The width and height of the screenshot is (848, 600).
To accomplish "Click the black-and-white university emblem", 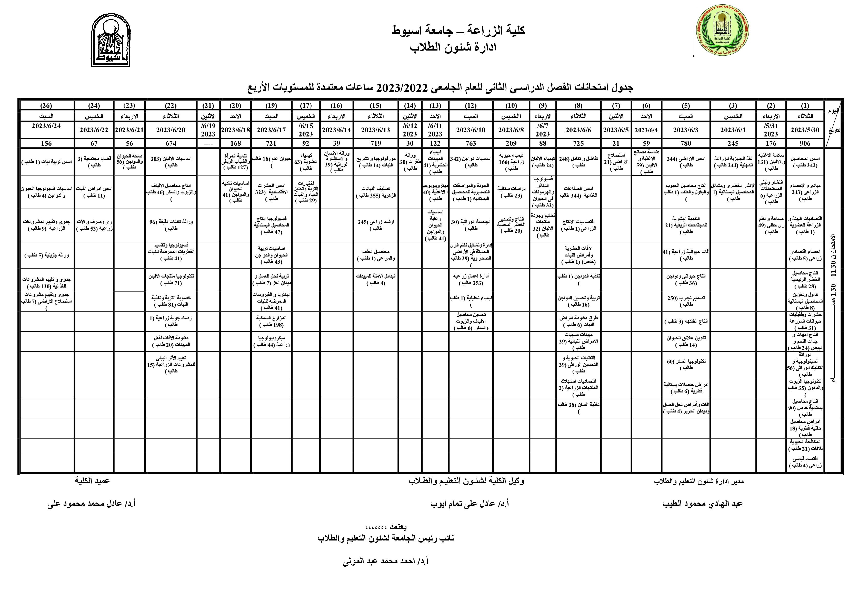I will point(111,40).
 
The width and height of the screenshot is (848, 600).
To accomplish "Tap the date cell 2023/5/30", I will point(805,130).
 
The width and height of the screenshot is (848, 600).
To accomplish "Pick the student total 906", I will point(805,143).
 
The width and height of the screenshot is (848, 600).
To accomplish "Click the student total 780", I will point(686,143).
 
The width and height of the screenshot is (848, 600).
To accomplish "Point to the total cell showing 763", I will point(471,143).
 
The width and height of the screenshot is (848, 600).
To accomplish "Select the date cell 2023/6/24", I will point(46,126).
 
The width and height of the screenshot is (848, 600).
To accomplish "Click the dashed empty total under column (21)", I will point(208,143).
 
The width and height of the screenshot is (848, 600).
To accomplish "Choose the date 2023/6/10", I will point(471,130).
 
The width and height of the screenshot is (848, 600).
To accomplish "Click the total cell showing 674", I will point(171,143).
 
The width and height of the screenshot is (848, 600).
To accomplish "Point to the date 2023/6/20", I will point(171,130).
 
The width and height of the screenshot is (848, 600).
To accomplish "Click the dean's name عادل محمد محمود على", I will point(92,504).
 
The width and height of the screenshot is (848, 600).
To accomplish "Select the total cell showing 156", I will point(46,143).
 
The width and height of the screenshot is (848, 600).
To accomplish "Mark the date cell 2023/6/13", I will point(376,130).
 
